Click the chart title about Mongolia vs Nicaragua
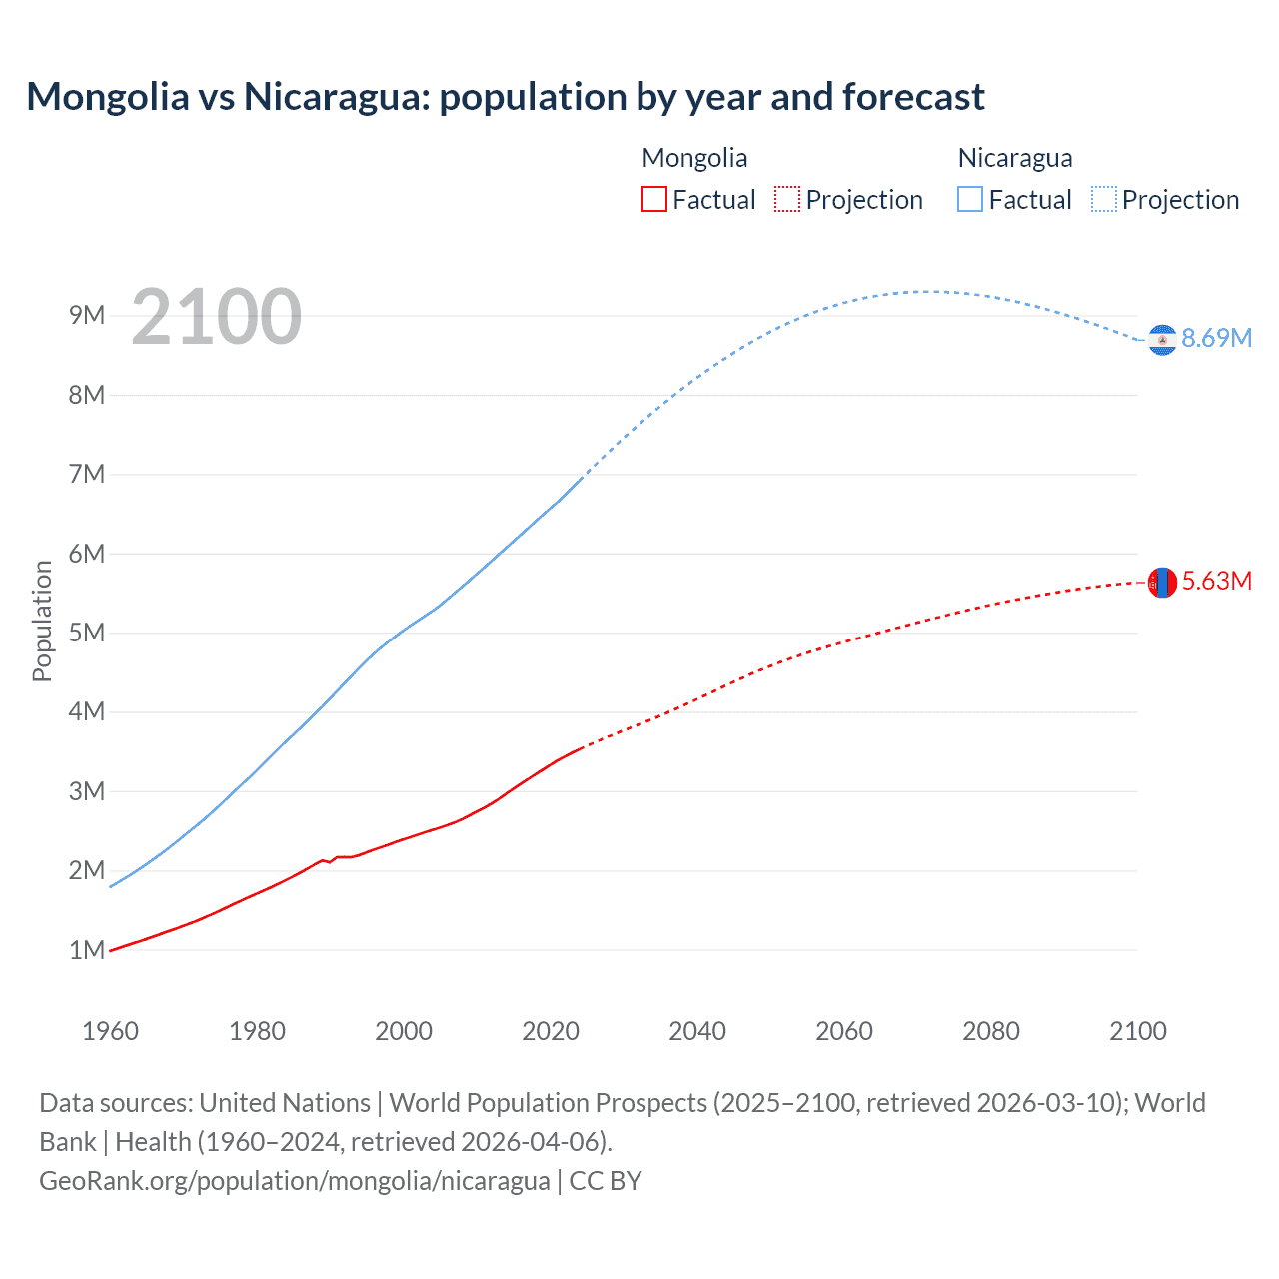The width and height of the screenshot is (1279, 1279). click(x=506, y=97)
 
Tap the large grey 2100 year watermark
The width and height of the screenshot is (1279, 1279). click(x=216, y=317)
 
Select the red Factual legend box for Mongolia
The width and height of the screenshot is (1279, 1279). click(x=653, y=199)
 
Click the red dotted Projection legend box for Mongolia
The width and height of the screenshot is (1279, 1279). click(x=787, y=199)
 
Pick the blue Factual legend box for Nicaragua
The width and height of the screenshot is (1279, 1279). click(x=969, y=199)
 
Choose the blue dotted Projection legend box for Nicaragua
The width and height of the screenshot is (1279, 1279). click(x=1103, y=199)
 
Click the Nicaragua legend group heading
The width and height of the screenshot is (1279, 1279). click(x=1014, y=158)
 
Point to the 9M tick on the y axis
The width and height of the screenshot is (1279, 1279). click(x=87, y=316)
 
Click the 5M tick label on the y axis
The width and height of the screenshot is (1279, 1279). click(x=87, y=633)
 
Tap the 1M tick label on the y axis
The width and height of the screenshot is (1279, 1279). click(x=87, y=950)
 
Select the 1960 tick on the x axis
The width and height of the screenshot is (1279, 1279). click(x=110, y=1031)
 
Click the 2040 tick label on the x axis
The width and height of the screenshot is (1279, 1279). click(x=697, y=1031)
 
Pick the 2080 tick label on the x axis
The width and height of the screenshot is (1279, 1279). click(x=991, y=1031)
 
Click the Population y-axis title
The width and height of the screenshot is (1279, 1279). click(x=42, y=621)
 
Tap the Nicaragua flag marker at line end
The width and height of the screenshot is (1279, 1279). click(x=1162, y=340)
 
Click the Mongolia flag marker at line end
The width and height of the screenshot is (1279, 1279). click(x=1162, y=582)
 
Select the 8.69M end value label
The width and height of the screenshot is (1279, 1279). click(x=1216, y=338)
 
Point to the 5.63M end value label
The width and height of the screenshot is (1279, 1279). click(x=1216, y=581)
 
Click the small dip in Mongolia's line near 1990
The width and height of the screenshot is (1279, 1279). click(x=330, y=861)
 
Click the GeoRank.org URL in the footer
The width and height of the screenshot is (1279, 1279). click(x=294, y=1180)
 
